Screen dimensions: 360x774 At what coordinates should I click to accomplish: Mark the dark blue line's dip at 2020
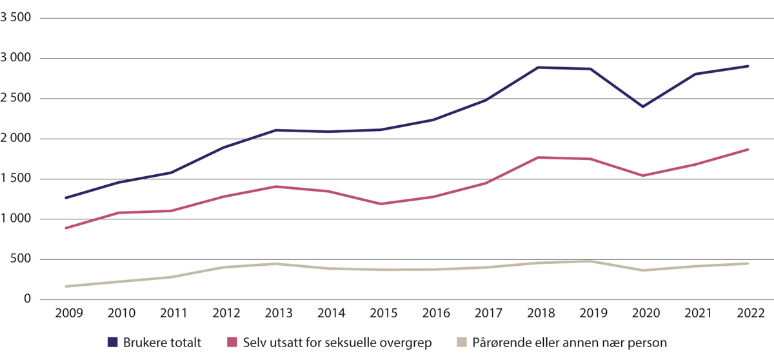click(x=643, y=106)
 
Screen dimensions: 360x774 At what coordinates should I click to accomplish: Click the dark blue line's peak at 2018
click(x=538, y=67)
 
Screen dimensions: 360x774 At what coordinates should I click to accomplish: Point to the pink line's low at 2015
click(x=381, y=204)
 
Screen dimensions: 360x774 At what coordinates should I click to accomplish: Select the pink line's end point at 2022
click(x=748, y=149)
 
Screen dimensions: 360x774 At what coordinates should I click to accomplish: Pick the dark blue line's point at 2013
click(x=275, y=130)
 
